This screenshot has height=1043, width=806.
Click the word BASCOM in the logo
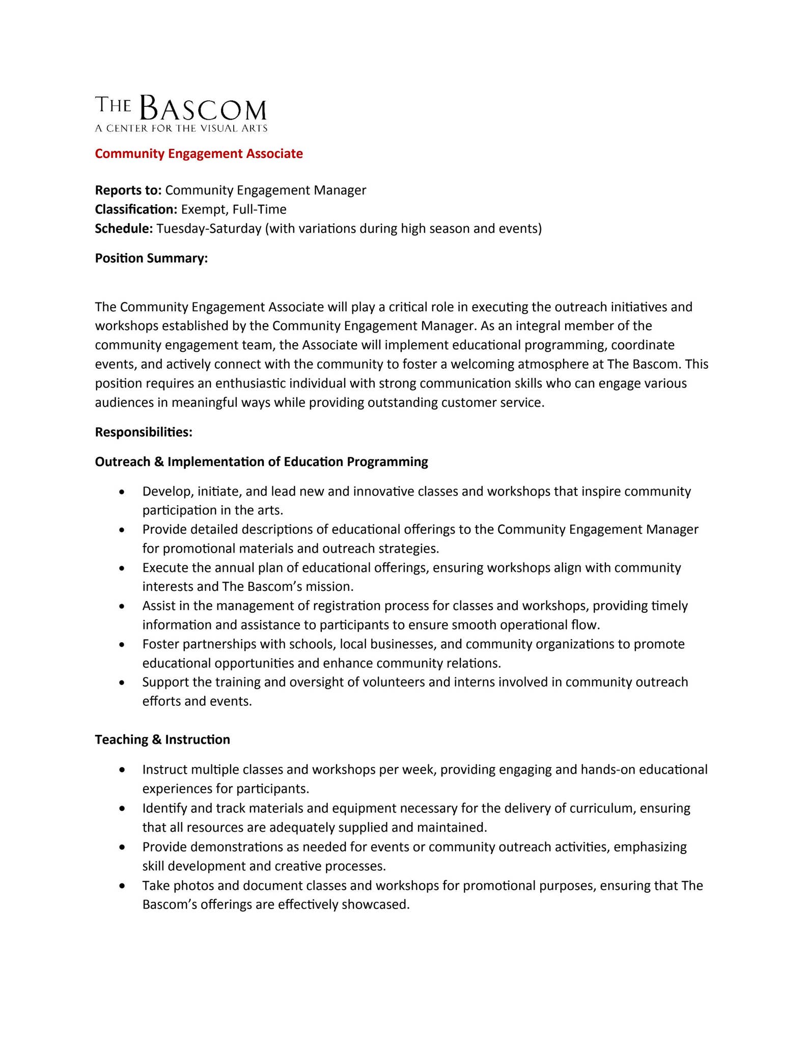click(202, 108)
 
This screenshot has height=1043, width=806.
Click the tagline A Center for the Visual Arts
click(181, 128)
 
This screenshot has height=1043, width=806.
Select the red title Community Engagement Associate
click(199, 154)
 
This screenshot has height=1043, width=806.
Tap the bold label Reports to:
click(128, 190)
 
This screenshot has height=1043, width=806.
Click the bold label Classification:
click(136, 209)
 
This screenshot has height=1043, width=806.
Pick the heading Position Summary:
click(151, 258)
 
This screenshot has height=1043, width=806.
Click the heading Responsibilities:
click(144, 432)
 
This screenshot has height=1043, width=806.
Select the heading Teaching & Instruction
click(162, 739)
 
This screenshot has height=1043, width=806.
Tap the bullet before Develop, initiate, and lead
click(121, 492)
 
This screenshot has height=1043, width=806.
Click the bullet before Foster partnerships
click(121, 645)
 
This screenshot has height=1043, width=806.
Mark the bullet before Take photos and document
click(121, 887)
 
